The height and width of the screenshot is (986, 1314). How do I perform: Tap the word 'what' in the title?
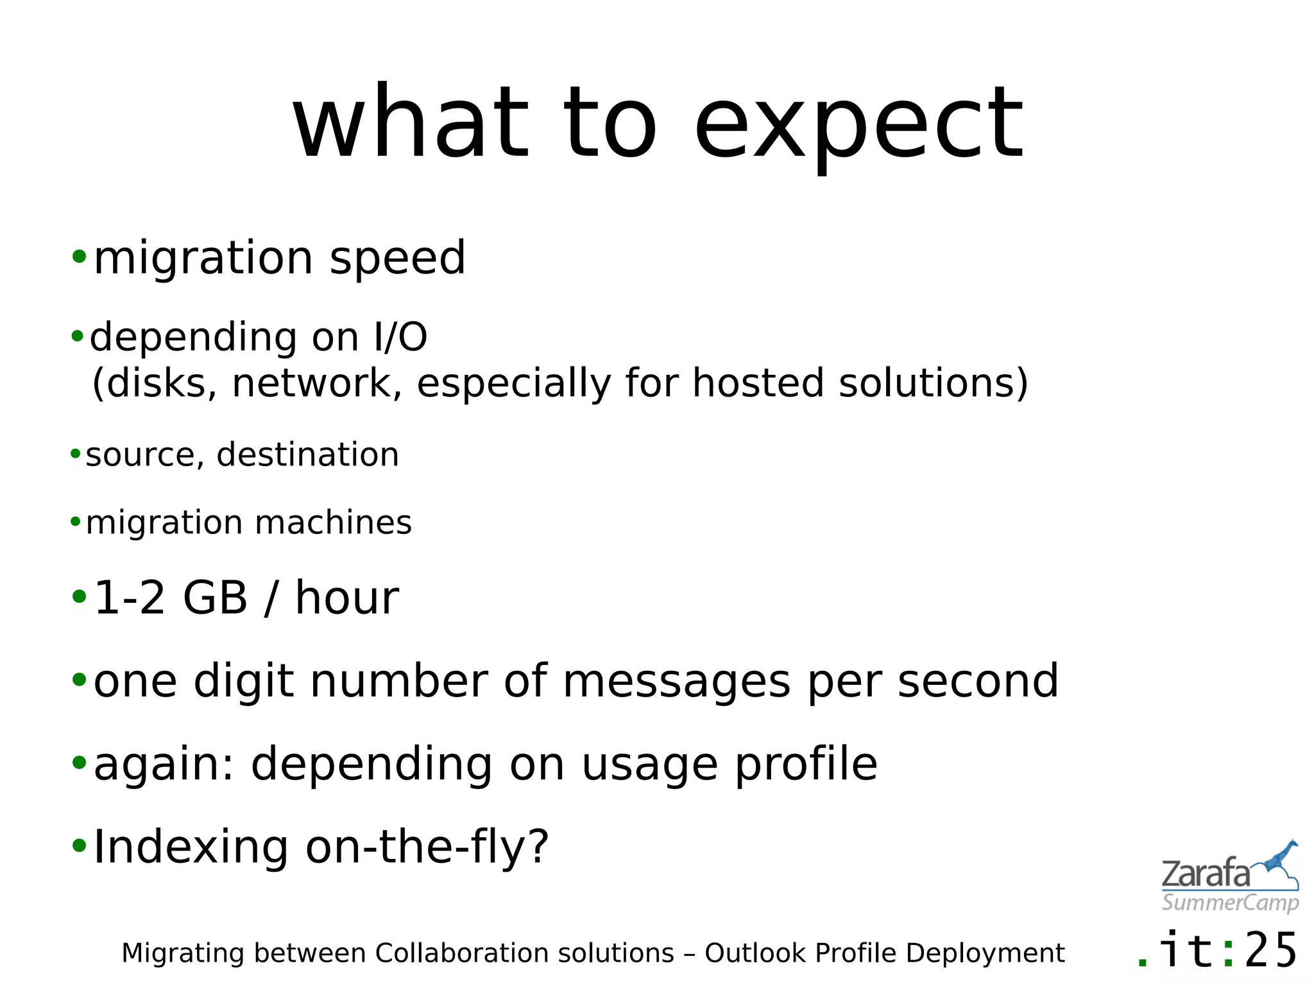pos(411,122)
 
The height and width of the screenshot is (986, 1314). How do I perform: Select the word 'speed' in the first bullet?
pos(397,259)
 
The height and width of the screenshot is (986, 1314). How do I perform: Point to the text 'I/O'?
pos(400,337)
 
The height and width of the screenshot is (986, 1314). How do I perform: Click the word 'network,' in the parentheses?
pos(317,383)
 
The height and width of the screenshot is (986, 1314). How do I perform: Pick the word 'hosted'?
pos(757,383)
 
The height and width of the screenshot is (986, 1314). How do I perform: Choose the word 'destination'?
pos(307,454)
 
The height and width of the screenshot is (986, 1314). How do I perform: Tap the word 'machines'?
pos(333,523)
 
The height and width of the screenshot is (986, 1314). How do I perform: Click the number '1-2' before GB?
pos(130,598)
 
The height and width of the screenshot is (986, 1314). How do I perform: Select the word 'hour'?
pos(346,598)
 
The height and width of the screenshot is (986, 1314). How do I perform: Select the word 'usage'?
pos(650,765)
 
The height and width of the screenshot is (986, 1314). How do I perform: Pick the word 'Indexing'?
pos(191,847)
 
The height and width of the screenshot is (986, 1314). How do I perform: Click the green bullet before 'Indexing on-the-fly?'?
pos(79,846)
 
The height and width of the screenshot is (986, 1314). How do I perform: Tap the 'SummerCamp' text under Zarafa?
pos(1230,903)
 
